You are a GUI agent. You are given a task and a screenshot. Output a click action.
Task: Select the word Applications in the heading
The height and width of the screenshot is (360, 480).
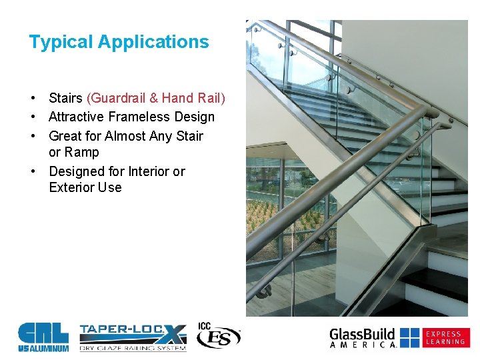click(153, 42)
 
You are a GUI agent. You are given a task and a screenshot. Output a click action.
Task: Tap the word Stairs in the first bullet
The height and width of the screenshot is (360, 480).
click(65, 98)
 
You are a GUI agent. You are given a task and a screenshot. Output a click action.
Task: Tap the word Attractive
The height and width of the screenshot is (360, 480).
click(76, 117)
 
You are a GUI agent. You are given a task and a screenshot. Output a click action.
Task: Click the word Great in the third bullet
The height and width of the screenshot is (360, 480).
click(65, 136)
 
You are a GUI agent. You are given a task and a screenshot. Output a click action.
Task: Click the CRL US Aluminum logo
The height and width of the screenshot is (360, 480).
click(43, 337)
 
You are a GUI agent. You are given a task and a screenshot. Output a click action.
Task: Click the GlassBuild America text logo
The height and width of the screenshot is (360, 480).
click(363, 337)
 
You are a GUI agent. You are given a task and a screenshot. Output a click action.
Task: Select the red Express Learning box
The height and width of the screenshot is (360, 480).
click(445, 337)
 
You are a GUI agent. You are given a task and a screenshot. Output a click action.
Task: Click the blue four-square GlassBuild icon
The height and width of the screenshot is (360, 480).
click(409, 337)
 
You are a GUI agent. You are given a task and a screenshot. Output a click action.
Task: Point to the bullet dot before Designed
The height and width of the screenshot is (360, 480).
click(32, 171)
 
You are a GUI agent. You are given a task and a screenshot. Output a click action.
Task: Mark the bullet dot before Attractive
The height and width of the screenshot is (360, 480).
click(32, 117)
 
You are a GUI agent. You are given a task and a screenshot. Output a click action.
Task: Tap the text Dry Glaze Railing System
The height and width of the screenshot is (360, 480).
click(131, 347)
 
